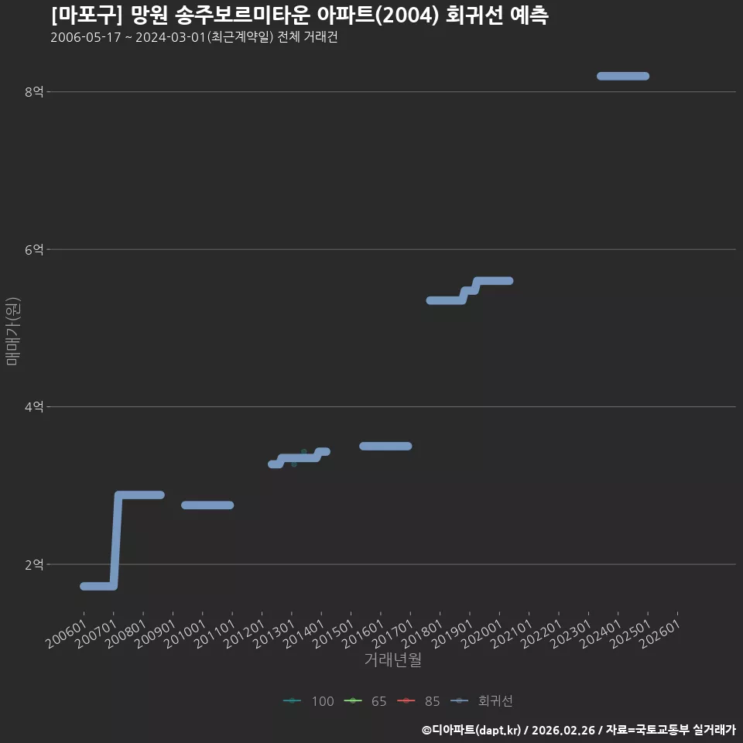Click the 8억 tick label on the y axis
[34, 91]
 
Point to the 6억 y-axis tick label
[34, 249]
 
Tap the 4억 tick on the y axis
[34, 406]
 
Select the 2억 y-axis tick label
[34, 564]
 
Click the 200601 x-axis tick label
[67, 634]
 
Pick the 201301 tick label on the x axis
[274, 634]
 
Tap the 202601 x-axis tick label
[660, 634]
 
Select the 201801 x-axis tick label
[423, 634]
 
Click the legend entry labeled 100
[309, 701]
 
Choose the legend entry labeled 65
[365, 701]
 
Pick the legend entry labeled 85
[419, 701]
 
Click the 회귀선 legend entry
[481, 701]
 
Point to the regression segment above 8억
[623, 76]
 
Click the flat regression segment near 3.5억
[385, 446]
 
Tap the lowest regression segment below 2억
[98, 586]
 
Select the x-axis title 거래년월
[393, 659]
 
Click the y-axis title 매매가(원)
[13, 331]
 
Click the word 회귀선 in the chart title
[474, 15]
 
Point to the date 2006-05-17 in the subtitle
[86, 37]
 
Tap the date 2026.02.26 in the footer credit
[563, 730]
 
